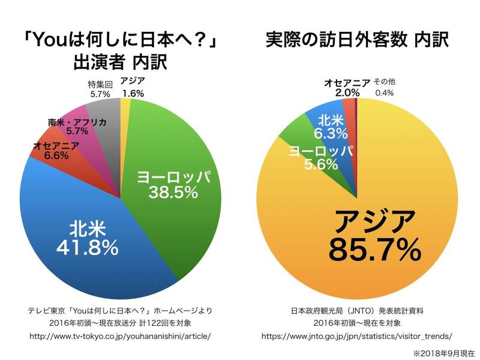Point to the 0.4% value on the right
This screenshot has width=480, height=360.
coord(385,93)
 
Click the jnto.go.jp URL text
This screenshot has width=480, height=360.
coord(358,336)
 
